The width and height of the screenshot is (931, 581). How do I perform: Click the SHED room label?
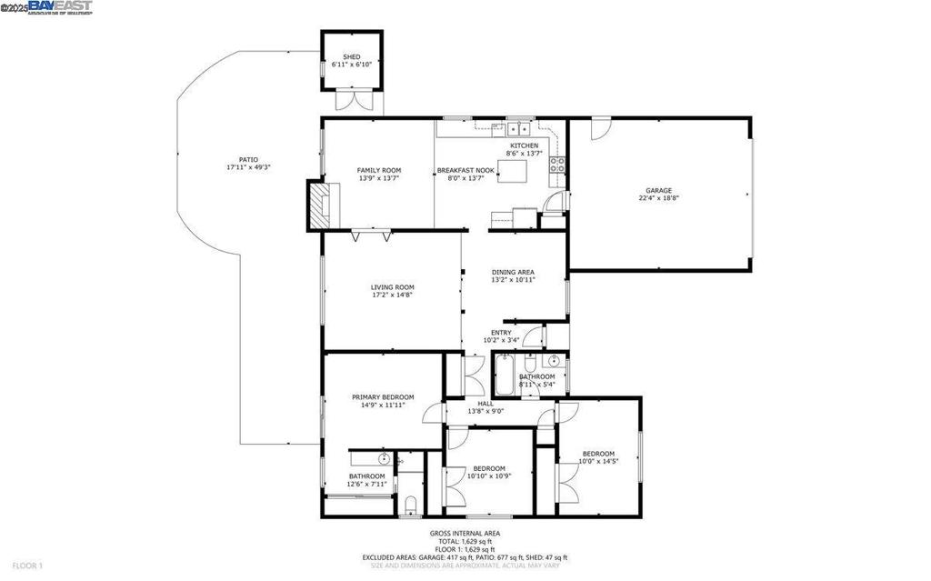click(x=351, y=56)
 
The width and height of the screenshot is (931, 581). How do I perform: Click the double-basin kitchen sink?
click(x=519, y=129)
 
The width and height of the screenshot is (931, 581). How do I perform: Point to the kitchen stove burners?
click(x=556, y=165)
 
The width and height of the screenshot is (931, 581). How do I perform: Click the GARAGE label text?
click(x=659, y=190)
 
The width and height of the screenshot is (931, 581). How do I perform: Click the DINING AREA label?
click(x=513, y=272)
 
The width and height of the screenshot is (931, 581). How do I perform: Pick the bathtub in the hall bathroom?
click(x=505, y=375)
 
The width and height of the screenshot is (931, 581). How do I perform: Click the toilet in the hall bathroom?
click(x=529, y=363)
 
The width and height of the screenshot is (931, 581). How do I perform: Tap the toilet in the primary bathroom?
click(x=410, y=505)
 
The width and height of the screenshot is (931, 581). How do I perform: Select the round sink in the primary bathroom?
click(x=385, y=457)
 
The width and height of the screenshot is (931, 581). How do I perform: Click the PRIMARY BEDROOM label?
click(x=383, y=396)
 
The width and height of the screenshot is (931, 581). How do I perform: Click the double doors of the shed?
click(x=350, y=100)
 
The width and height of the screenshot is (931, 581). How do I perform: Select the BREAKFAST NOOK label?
click(x=465, y=170)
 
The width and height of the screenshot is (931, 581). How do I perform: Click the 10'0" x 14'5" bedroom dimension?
click(x=598, y=462)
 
